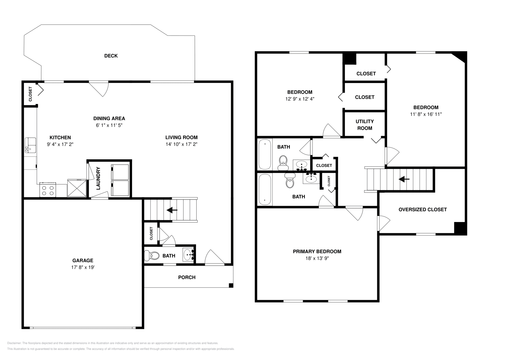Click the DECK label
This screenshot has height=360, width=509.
coord(111,56)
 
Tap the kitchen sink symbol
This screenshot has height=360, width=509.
coord(31,145)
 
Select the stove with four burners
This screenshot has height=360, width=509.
coord(48,190)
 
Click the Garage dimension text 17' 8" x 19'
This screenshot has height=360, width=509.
coord(83,267)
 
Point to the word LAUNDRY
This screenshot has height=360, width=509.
coord(98,178)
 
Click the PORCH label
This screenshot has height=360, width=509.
coord(187,277)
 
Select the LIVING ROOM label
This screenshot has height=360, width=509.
coord(181,138)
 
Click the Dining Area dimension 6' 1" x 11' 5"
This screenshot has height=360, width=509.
coord(109,125)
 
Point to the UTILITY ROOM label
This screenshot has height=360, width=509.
coord(365,125)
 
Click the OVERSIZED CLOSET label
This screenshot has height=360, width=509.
coord(422,210)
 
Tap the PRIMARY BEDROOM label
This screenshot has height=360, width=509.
coord(317,252)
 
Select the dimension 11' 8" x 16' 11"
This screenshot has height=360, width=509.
coord(426,114)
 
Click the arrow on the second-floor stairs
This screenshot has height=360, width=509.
coord(404,179)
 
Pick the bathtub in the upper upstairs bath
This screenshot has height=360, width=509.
coord(264,155)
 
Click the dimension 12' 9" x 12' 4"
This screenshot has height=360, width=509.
coord(300,99)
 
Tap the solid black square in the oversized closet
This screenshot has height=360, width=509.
coord(460,228)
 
